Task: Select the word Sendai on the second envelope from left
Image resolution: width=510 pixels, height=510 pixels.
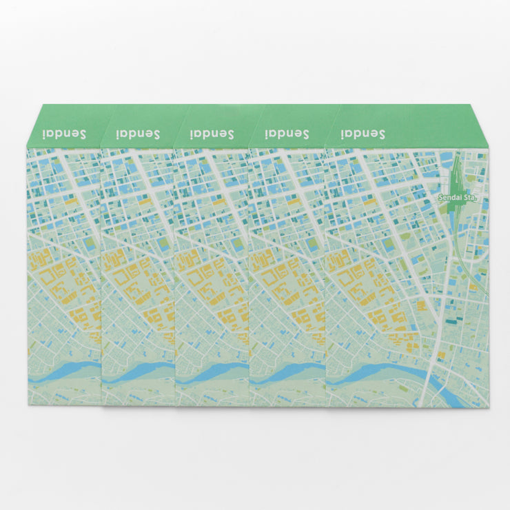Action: point(137,134)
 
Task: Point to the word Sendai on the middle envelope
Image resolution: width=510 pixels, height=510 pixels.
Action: point(212,134)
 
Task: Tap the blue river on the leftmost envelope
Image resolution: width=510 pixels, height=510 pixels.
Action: point(65,372)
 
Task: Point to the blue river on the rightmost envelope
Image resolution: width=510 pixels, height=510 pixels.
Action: point(386,372)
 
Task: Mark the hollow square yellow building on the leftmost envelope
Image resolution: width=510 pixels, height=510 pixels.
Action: point(48,280)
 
